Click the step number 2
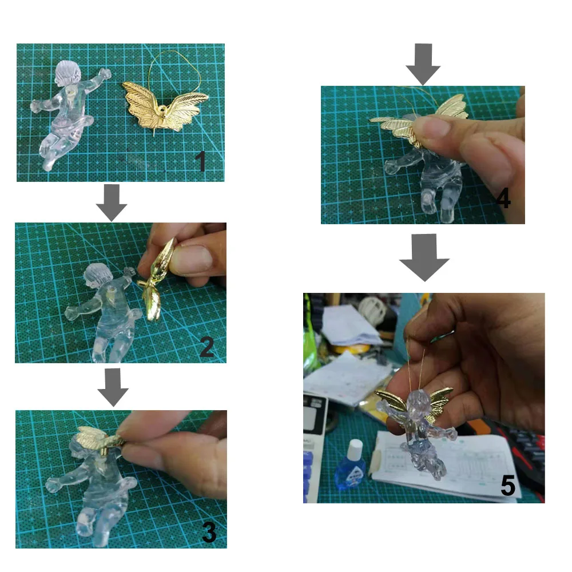pos(207,347)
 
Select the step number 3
pos(209,532)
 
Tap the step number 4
pos(503,199)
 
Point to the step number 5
pos(508,485)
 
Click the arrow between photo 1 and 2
pos(112,202)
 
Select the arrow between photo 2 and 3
pos(113,387)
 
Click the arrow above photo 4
pos(423,64)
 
